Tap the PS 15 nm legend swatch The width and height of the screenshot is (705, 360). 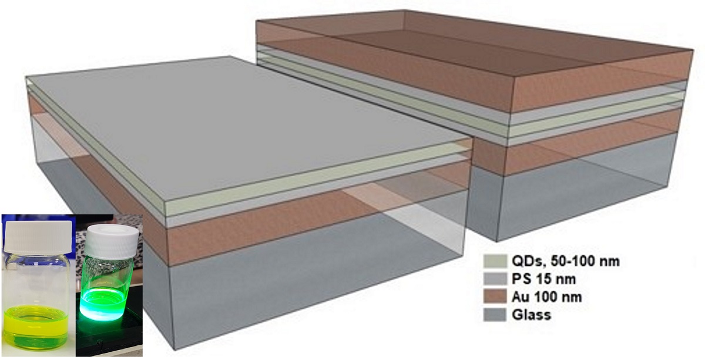click(492, 279)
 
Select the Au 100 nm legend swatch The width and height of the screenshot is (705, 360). click(492, 297)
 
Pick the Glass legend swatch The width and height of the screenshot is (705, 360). click(492, 315)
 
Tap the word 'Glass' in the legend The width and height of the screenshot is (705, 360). click(531, 315)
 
